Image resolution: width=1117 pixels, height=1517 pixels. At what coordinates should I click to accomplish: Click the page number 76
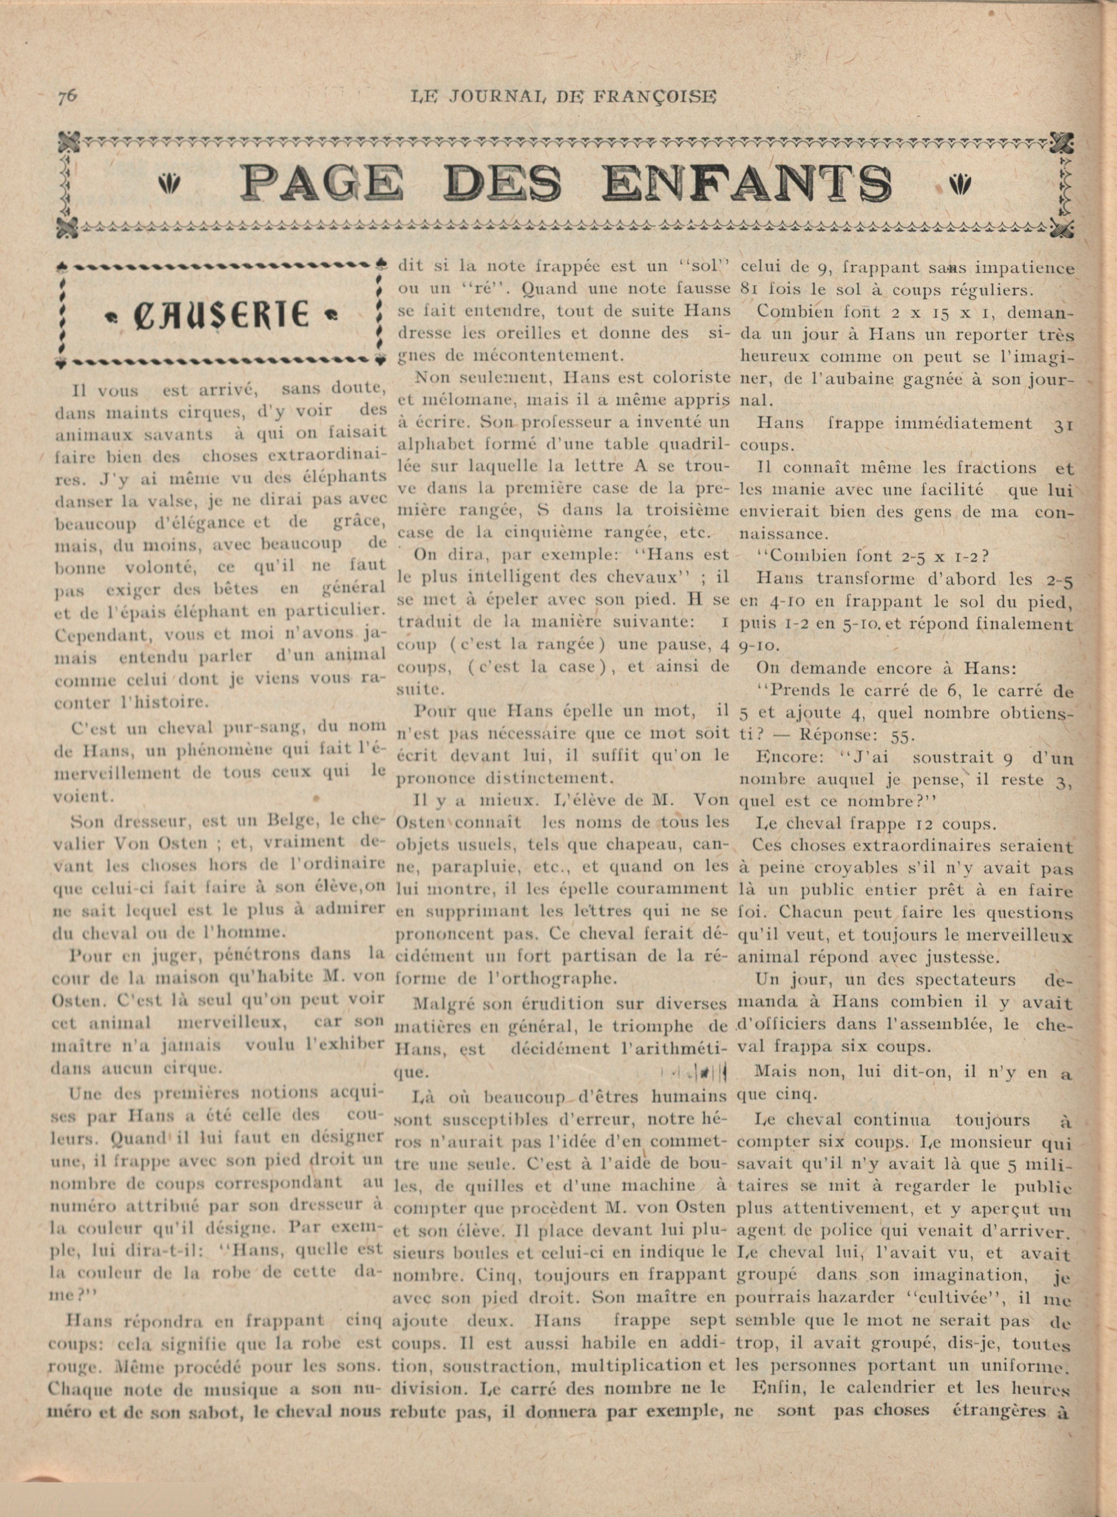[x=67, y=96]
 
